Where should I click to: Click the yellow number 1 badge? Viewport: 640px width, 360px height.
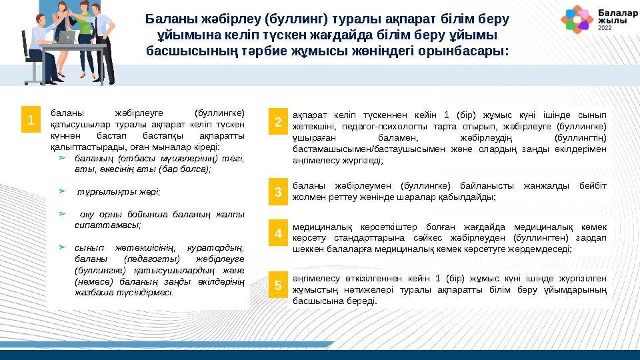point(30,120)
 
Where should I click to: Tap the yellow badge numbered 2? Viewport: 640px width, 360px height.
point(279,122)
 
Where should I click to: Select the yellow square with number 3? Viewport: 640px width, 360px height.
point(279,193)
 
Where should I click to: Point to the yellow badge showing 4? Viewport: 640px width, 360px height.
point(279,234)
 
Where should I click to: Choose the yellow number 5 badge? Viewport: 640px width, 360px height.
point(279,285)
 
